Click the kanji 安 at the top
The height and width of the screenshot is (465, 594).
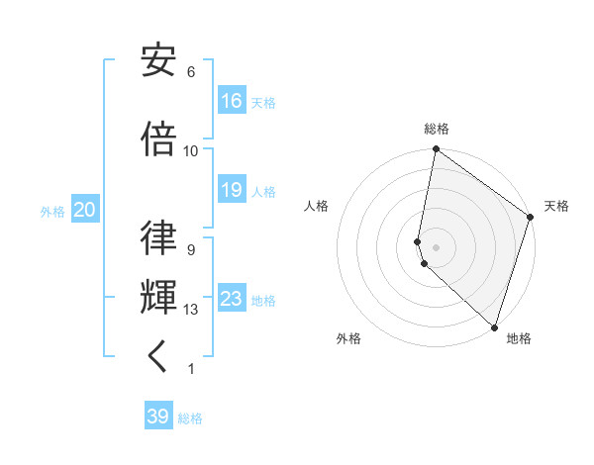click(159, 62)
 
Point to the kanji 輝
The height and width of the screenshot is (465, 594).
click(159, 295)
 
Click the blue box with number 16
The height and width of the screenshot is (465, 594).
click(232, 101)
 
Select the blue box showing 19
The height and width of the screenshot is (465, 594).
click(232, 190)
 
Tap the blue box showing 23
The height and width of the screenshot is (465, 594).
click(232, 299)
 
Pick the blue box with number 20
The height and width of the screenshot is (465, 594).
click(85, 210)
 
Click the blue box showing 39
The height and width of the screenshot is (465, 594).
click(158, 417)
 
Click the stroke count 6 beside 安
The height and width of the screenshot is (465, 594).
click(191, 72)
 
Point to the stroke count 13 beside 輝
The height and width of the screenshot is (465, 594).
click(191, 310)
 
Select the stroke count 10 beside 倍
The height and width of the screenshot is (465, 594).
click(191, 150)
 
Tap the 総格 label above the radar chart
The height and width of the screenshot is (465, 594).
click(437, 129)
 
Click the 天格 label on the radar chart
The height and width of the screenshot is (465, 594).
click(556, 206)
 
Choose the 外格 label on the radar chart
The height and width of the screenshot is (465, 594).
click(348, 338)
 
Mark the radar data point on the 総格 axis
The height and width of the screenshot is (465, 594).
click(436, 150)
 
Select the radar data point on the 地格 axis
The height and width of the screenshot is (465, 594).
click(493, 327)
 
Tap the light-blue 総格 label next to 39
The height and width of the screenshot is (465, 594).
click(190, 418)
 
